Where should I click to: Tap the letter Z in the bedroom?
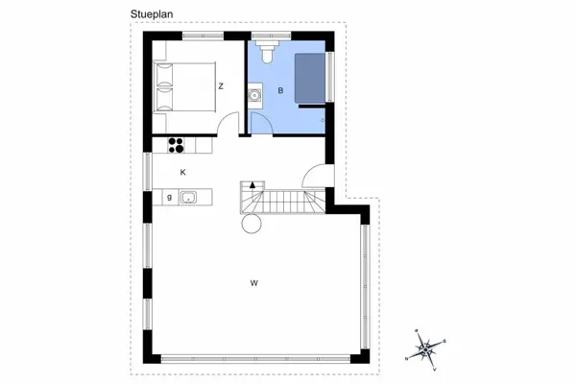pos(221,86)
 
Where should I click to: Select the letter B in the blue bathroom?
pos(280,91)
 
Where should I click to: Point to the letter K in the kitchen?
pos(181,172)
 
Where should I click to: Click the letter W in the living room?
pos(253,282)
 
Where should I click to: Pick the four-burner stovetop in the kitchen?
pos(176,145)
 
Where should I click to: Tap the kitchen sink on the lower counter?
pos(188,198)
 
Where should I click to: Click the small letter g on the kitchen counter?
pos(169,198)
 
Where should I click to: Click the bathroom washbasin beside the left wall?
pos(254,94)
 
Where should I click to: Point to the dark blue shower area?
pos(309,77)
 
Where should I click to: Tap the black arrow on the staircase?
pos(252,184)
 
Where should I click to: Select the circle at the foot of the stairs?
pos(252,225)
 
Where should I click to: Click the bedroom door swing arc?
pos(228,123)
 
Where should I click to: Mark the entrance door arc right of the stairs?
pos(315,177)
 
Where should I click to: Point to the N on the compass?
pos(408,357)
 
